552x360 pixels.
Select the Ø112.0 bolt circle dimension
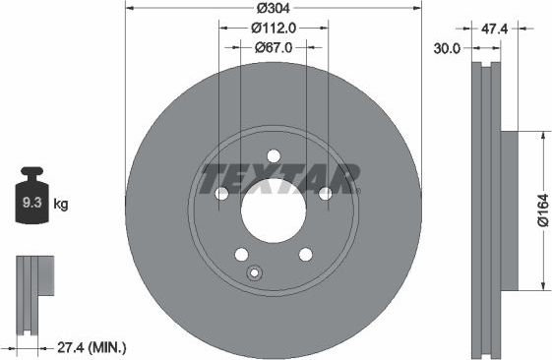point(275,29)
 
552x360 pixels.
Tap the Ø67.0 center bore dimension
point(275,46)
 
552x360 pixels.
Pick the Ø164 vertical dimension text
point(541,210)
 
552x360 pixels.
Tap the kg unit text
point(60,205)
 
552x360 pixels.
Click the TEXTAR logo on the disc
point(279,179)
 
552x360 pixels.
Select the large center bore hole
point(274,210)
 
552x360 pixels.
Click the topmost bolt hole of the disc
point(274,154)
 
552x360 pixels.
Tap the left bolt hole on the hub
point(221,193)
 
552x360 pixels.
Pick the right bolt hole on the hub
point(326,193)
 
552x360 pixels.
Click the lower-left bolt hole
point(241,255)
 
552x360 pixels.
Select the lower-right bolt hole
point(306,255)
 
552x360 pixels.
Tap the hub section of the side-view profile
point(509,210)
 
